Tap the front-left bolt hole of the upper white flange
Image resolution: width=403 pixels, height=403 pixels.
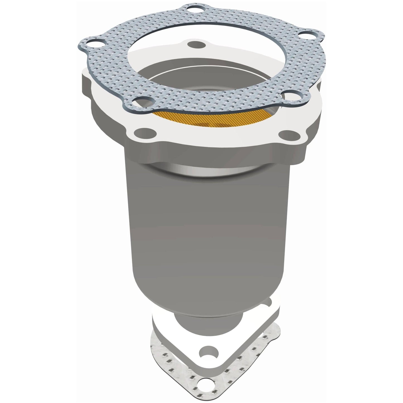click(144, 131)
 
